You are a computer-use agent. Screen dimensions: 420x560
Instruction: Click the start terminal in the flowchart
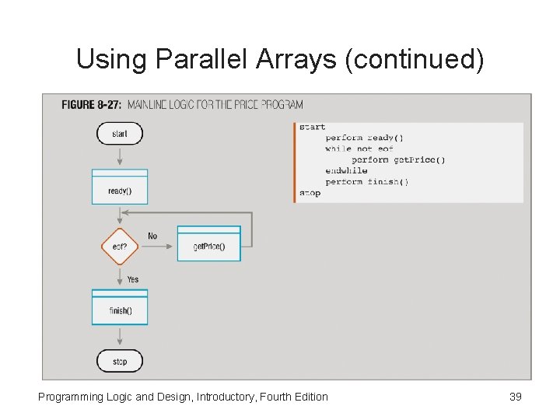coord(119,134)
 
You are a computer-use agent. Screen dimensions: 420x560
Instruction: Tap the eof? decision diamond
coord(119,247)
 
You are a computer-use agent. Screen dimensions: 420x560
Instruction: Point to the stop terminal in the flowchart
coord(119,361)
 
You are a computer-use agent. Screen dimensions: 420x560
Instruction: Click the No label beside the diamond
coord(152,236)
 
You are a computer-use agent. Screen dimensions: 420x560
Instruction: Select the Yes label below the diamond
coord(133,279)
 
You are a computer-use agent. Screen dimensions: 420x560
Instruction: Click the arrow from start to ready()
coord(119,156)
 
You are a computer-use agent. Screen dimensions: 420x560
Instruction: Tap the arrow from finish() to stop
coord(119,337)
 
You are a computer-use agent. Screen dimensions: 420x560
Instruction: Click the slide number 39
coord(515,397)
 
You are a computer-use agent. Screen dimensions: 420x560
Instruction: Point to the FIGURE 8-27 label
coord(90,104)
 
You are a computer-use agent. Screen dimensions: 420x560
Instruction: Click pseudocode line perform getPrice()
coord(397,160)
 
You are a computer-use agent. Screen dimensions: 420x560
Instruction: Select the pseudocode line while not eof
coord(359,149)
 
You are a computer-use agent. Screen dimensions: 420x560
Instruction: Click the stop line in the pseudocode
coord(310,193)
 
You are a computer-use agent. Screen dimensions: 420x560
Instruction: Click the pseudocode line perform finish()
coord(366,182)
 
